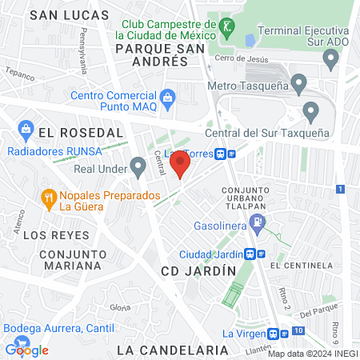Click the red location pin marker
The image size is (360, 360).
click(x=181, y=166)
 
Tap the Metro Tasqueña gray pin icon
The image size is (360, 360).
click(x=299, y=82)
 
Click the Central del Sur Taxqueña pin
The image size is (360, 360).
click(x=311, y=110)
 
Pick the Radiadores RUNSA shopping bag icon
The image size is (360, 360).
click(x=25, y=128)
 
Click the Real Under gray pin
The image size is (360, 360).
click(x=138, y=167)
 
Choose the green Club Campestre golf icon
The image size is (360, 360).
click(x=227, y=27)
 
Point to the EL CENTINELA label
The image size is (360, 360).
click(x=301, y=265)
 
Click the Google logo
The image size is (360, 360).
click(x=27, y=350)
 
